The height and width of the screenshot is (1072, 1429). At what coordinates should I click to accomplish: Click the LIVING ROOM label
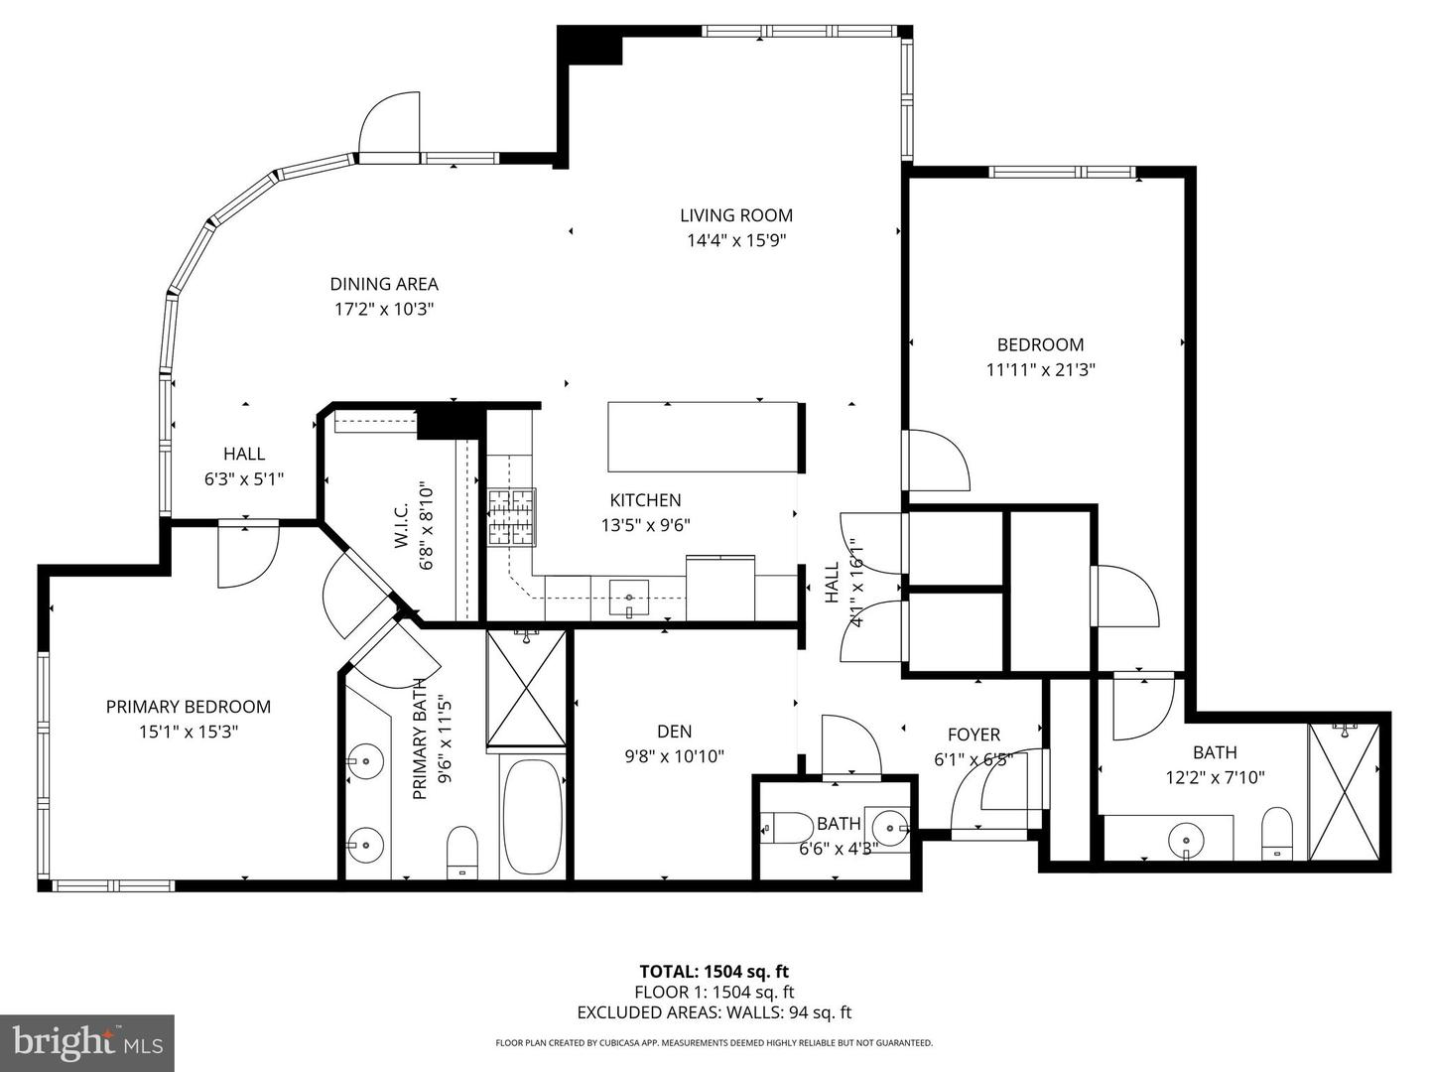736,214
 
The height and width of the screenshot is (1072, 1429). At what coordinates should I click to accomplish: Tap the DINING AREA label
384,284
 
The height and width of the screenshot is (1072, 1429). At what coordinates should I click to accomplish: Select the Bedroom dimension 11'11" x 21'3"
1040,369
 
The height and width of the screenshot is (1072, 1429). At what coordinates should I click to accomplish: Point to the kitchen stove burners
512,517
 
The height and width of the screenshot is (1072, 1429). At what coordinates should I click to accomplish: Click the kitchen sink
628,598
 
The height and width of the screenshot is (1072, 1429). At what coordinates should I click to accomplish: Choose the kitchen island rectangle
704,437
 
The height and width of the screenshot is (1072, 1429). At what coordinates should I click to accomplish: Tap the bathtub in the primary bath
533,818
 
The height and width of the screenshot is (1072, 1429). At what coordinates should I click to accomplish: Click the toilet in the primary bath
462,852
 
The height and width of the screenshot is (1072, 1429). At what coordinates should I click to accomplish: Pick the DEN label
675,732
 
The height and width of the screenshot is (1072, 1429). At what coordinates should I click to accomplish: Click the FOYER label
974,735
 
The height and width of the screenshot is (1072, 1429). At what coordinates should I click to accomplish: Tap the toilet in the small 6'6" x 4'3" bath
787,828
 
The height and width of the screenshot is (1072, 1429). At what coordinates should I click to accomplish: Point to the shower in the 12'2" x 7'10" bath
1344,791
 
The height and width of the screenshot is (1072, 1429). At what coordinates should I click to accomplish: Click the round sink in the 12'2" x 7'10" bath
1186,840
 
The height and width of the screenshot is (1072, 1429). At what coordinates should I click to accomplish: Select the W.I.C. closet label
401,524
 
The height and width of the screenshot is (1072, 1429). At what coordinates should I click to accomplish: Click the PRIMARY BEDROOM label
189,706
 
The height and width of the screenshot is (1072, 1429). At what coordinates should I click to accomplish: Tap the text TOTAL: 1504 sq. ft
714,972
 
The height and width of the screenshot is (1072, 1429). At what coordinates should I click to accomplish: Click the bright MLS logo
87,1042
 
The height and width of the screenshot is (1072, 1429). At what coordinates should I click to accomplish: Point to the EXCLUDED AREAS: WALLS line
714,1012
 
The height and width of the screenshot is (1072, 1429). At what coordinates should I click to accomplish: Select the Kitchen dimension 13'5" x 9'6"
645,525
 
